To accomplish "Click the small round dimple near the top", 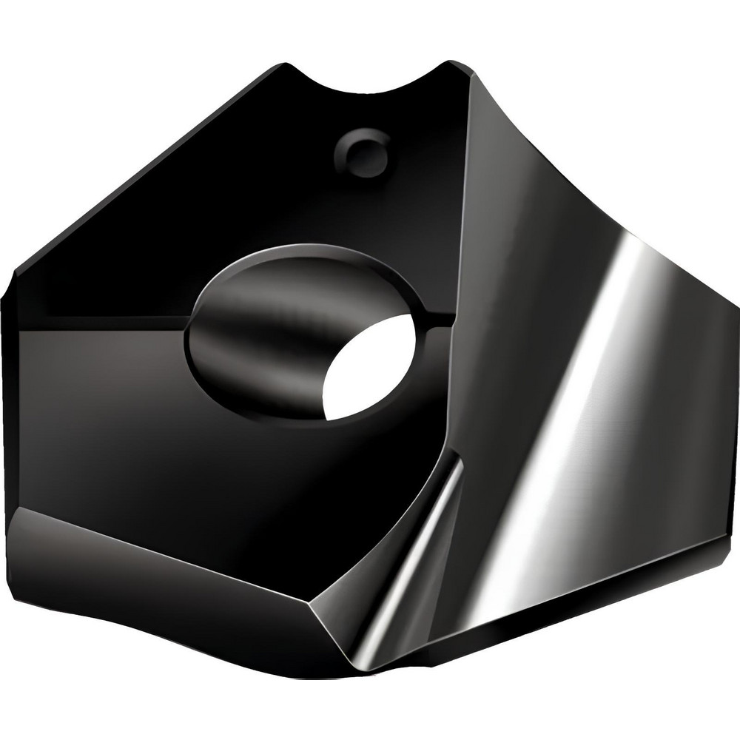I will (363, 153).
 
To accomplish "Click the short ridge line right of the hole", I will (437, 320).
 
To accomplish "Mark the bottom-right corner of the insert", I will (710, 548).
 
